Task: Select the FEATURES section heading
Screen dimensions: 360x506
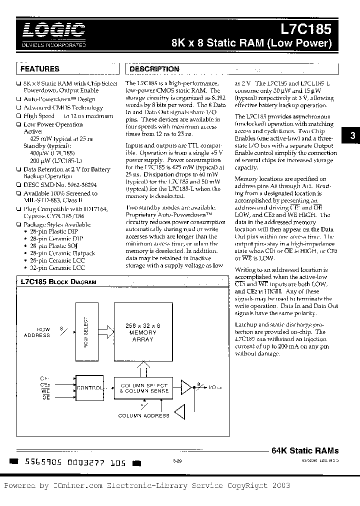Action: [x=40, y=68]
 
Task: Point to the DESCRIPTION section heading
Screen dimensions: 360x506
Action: [x=154, y=69]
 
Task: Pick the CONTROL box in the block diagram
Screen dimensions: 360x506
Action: [x=88, y=387]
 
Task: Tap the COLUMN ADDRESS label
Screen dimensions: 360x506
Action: [x=143, y=415]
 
